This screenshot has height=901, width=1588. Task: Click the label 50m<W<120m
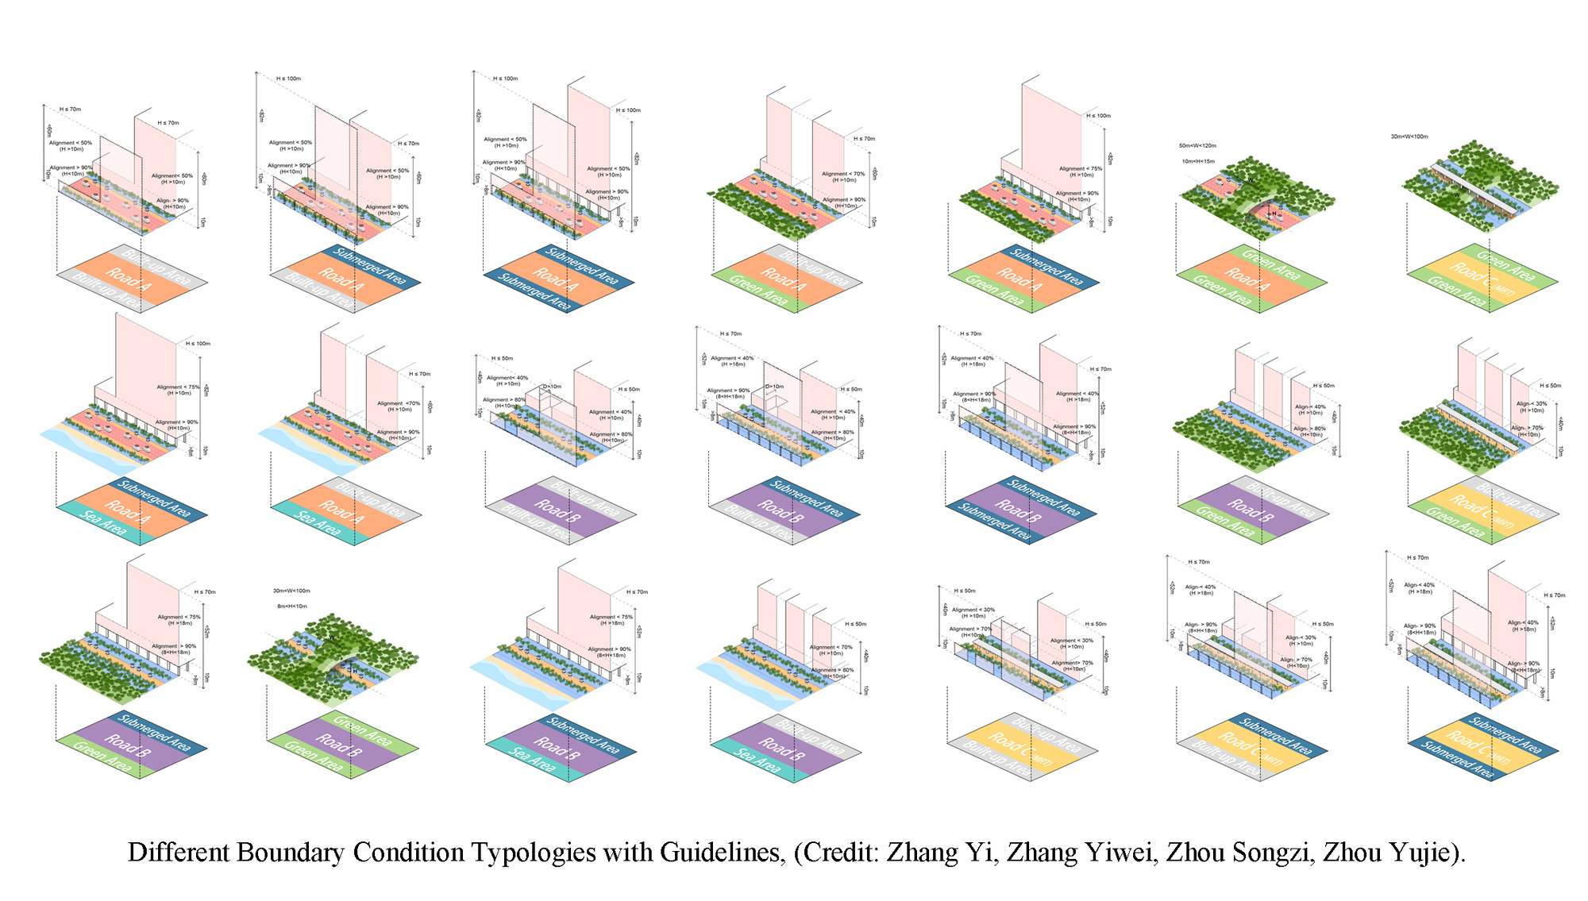point(1197,146)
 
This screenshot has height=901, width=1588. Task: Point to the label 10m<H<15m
point(1197,161)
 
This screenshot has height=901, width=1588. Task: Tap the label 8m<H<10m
point(291,606)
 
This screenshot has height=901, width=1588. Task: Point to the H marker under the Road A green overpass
point(1274,214)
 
